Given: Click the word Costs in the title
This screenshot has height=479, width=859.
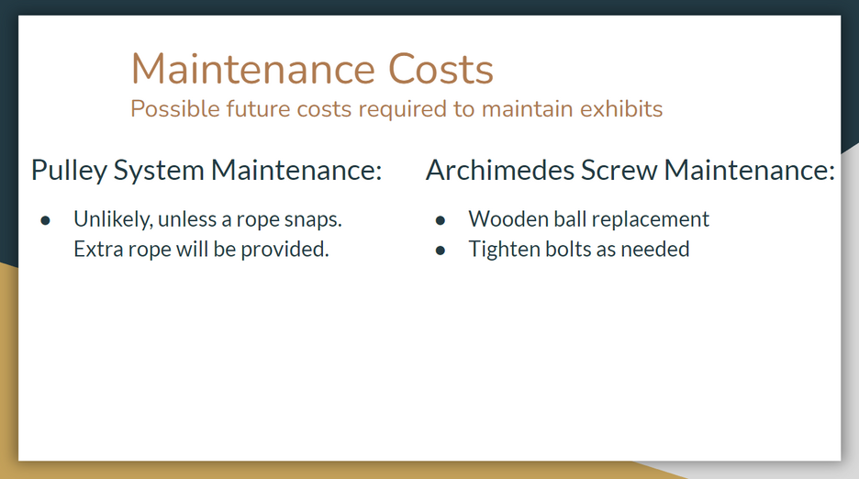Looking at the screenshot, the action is tap(441, 69).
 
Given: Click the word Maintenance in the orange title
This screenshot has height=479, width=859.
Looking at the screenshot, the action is tap(253, 69).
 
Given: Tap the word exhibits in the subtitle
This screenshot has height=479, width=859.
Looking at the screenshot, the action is tap(621, 108).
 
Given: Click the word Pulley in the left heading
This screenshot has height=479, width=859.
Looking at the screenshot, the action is tap(69, 171).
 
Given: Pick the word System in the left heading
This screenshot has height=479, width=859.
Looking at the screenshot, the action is tap(159, 171).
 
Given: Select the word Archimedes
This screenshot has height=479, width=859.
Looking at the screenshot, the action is tap(500, 170).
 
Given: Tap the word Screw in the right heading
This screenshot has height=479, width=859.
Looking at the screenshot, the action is tap(619, 170).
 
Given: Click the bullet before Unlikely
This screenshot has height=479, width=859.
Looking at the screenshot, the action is tap(46, 220).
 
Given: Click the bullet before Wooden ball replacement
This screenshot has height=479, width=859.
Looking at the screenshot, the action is tap(441, 220).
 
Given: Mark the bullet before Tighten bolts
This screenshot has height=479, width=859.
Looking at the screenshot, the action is tap(441, 251).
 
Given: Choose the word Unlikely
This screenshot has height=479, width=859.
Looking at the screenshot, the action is tap(113, 219).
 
